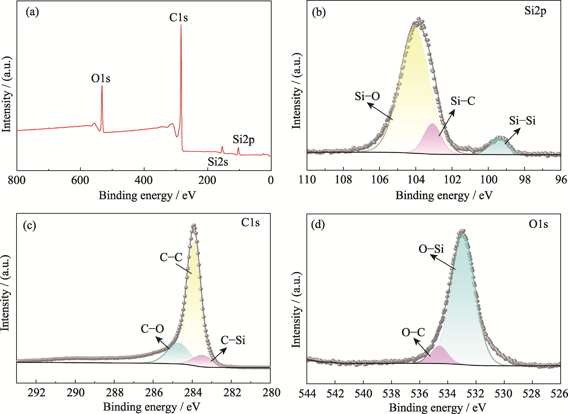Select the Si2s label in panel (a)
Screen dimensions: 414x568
[x=218, y=162]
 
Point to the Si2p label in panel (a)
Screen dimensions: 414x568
[x=243, y=139]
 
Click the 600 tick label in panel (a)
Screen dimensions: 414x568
[x=80, y=180]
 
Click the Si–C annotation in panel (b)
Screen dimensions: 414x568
[x=463, y=101]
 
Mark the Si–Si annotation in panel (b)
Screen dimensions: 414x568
[x=522, y=121]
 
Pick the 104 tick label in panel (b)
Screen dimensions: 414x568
[x=416, y=180]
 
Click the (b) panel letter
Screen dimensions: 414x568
[x=319, y=12]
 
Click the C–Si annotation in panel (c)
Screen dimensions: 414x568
[x=233, y=340]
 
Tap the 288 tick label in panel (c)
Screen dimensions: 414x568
[x=115, y=393]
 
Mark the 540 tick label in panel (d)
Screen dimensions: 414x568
[x=363, y=394]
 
